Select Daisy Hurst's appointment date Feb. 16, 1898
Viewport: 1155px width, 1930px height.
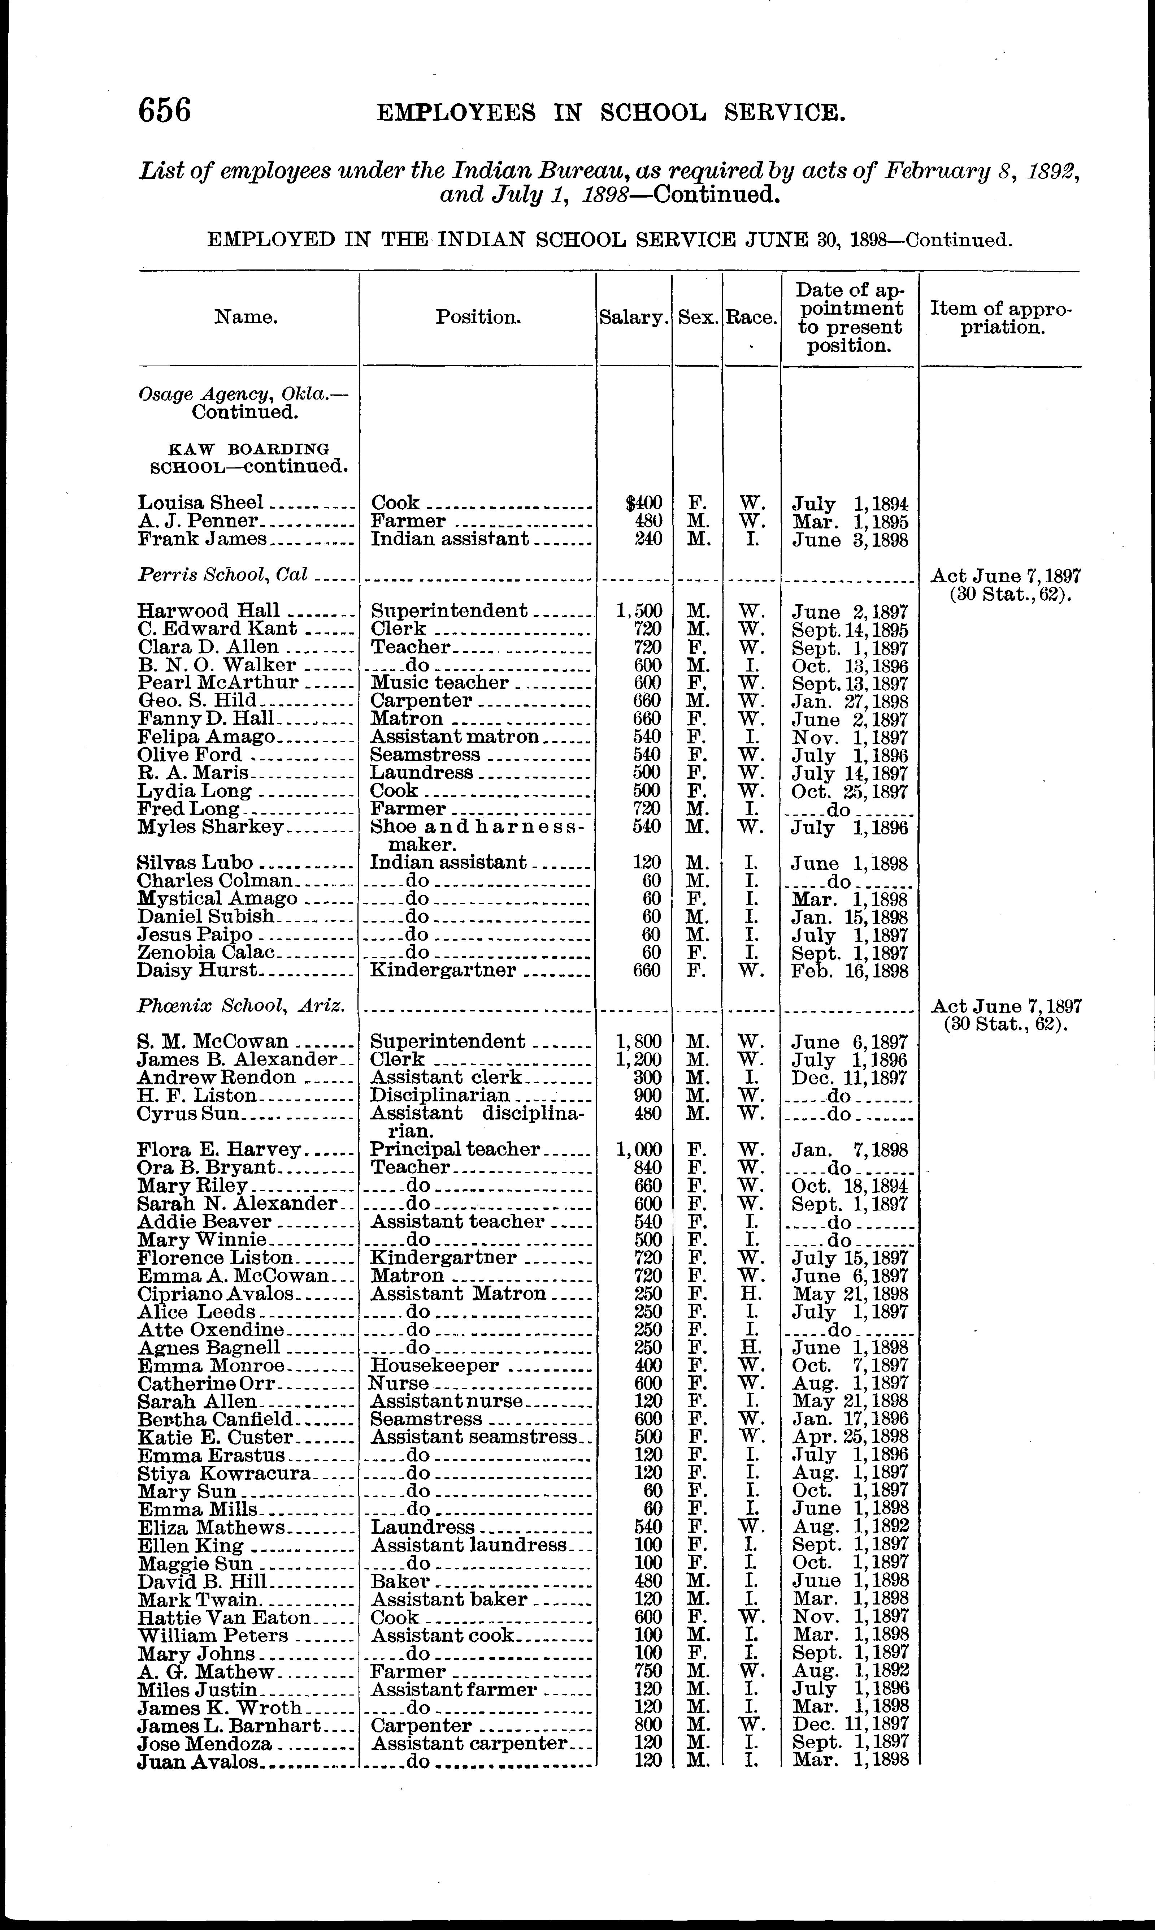[x=850, y=971]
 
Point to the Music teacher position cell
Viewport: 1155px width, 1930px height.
[x=440, y=683]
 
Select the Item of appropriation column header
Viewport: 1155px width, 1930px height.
[x=1001, y=318]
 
